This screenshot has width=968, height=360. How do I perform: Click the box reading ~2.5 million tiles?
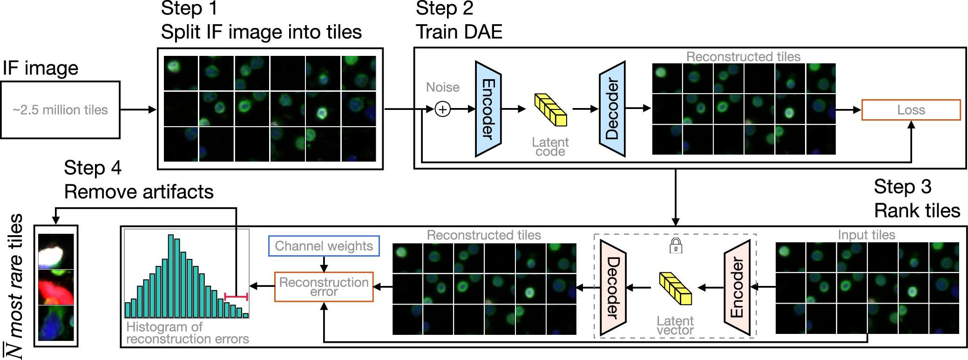[x=61, y=110]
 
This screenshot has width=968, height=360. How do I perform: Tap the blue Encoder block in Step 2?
[x=487, y=109]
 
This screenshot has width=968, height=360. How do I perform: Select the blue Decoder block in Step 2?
[x=612, y=109]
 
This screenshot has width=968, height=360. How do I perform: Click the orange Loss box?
[x=911, y=110]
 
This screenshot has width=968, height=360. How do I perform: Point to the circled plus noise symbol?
[x=442, y=109]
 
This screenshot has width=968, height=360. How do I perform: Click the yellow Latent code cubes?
[x=550, y=110]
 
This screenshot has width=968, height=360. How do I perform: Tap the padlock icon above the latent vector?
[x=676, y=245]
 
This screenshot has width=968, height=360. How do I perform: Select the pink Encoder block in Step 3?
[x=737, y=287]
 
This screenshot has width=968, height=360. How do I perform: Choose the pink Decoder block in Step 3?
[x=613, y=287]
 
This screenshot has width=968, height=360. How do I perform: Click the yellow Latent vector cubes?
[x=675, y=288]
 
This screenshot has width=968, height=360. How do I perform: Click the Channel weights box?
[x=324, y=246]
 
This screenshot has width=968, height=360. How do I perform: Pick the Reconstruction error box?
[x=324, y=287]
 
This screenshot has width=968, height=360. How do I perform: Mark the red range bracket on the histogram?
[x=236, y=297]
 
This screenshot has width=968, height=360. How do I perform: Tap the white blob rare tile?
[x=56, y=252]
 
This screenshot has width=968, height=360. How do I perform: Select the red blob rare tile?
[x=56, y=288]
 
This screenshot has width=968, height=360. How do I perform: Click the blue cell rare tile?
[x=56, y=323]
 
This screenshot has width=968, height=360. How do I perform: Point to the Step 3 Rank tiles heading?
[x=916, y=199]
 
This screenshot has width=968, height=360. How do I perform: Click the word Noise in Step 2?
[x=442, y=87]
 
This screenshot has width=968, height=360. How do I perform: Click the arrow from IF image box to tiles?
[x=138, y=110]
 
